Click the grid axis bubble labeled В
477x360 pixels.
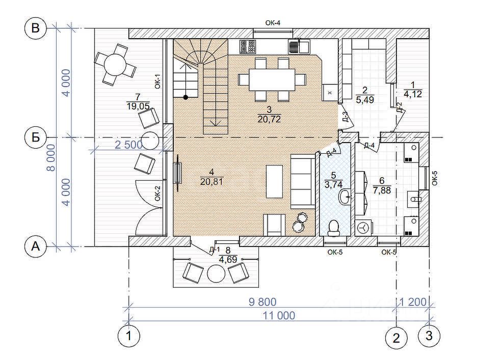pyautogui.click(x=36, y=29)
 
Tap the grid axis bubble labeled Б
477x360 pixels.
pyautogui.click(x=36, y=137)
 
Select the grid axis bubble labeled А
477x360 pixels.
pyautogui.click(x=36, y=246)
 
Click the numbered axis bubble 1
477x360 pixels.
pyautogui.click(x=129, y=336)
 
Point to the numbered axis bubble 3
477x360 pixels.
pyautogui.click(x=429, y=336)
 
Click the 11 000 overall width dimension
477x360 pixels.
pyautogui.click(x=279, y=316)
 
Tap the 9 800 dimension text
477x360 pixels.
pyautogui.click(x=262, y=302)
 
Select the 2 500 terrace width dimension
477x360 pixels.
pyautogui.click(x=129, y=145)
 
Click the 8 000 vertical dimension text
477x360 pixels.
pyautogui.click(x=51, y=157)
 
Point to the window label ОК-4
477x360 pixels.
pyautogui.click(x=273, y=23)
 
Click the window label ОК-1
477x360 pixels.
pyautogui.click(x=157, y=81)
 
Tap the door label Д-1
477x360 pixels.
pyautogui.click(x=215, y=250)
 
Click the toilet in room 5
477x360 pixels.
pyautogui.click(x=334, y=228)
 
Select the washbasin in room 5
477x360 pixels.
pyautogui.click(x=344, y=197)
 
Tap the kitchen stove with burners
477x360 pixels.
pyautogui.click(x=247, y=46)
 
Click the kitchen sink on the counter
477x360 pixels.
pyautogui.click(x=299, y=46)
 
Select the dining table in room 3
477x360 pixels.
pyautogui.click(x=272, y=80)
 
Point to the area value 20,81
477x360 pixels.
pyautogui.click(x=211, y=182)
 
